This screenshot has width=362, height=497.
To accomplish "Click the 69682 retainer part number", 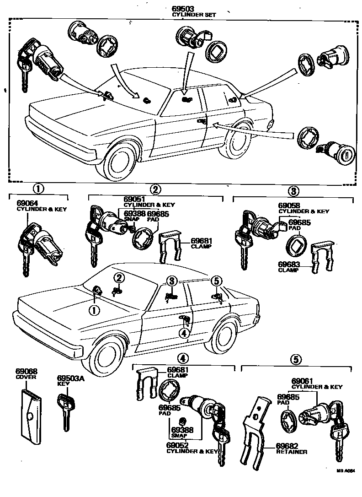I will (289, 446).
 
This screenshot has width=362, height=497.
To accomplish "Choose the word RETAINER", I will (292, 452).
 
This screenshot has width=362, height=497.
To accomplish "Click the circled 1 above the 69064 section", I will (38, 188).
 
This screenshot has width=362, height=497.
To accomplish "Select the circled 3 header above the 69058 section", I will (293, 190).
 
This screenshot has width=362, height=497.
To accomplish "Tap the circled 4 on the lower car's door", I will (184, 333).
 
